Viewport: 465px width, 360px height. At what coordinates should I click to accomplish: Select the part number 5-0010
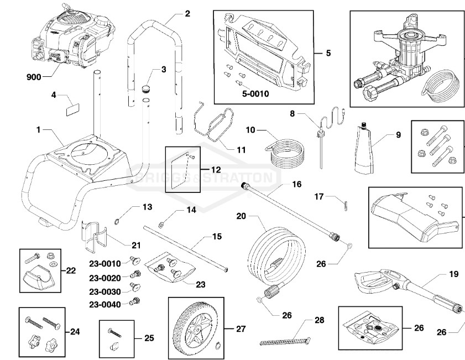255,93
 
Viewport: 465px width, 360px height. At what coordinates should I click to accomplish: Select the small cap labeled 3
147,87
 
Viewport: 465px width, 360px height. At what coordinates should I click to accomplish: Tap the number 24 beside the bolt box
75,331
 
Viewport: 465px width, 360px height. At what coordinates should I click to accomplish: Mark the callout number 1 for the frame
39,129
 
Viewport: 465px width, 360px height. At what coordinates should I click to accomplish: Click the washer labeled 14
160,225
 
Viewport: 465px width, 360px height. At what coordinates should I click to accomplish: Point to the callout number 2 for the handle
187,13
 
